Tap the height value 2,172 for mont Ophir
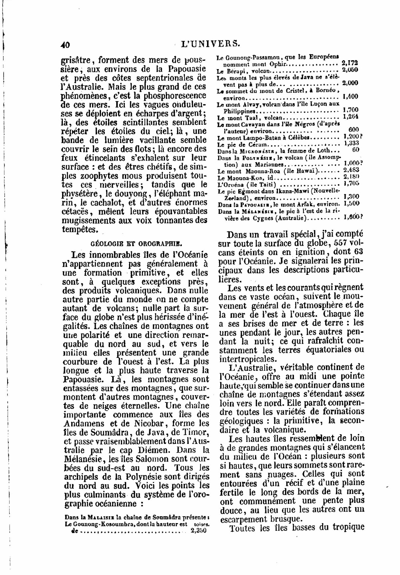tap(350, 63)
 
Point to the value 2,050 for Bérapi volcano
tap(350, 70)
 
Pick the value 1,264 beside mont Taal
tap(350, 117)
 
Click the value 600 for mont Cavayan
tap(353, 130)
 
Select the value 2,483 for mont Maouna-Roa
tap(350, 170)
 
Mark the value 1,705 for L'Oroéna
tap(351, 183)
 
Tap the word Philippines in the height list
tap(239, 111)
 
